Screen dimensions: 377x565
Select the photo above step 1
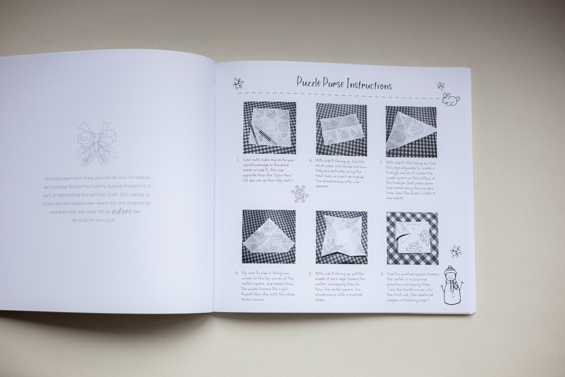pos(270,128)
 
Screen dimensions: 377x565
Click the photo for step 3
pos(411,132)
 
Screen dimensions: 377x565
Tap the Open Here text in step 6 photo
pos(413,225)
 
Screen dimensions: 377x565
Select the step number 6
pos(382,274)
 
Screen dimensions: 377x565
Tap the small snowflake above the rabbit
pos(440,86)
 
